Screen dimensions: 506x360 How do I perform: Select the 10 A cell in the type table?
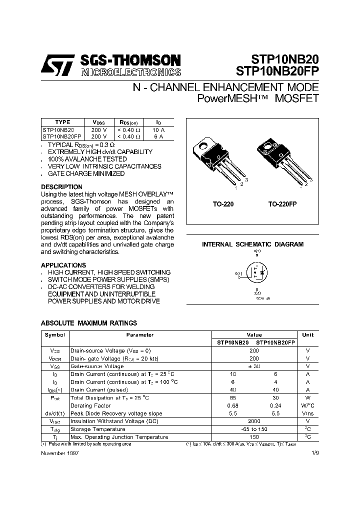click(x=158, y=129)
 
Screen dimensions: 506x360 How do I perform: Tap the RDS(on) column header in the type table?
click(x=128, y=122)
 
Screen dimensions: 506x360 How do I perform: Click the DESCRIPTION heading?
click(x=61, y=187)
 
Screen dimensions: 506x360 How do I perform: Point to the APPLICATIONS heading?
click(x=63, y=265)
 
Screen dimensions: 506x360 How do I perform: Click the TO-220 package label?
click(x=222, y=204)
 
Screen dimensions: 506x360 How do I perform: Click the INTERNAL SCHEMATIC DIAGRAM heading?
click(x=252, y=244)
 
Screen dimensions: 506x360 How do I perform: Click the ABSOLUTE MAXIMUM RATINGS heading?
click(x=88, y=323)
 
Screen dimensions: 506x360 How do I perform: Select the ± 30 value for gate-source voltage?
click(x=254, y=366)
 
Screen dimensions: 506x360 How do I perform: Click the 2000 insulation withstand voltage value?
click(x=254, y=421)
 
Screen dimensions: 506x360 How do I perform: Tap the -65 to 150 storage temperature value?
click(x=254, y=429)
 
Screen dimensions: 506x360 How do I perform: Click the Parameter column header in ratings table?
click(x=139, y=335)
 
